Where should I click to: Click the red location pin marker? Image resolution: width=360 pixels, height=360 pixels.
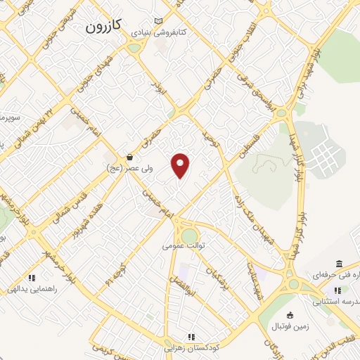pos(181,165)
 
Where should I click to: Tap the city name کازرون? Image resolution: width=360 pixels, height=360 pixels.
pos(104,27)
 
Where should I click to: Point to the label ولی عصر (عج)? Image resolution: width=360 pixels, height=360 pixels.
pos(125,168)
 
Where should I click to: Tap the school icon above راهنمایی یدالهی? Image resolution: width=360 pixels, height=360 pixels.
pos(31,278)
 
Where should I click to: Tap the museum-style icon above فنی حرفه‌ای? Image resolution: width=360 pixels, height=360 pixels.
pos(340,264)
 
